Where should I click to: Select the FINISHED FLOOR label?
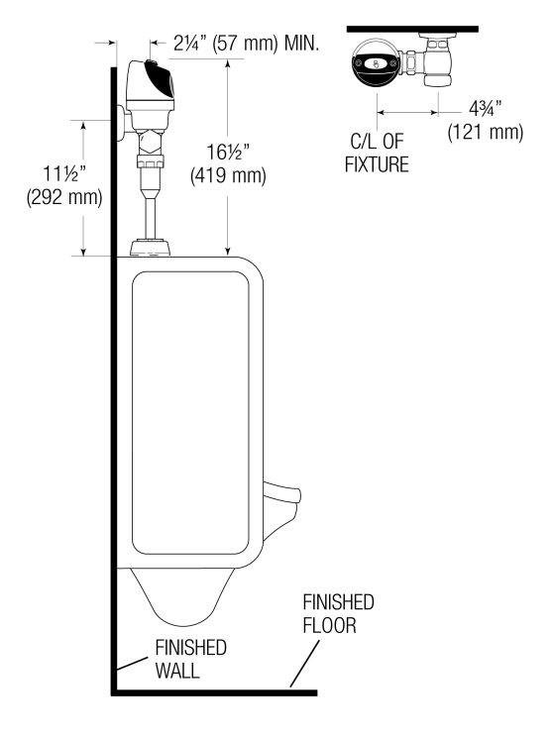[338, 614]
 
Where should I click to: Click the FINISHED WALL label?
[190, 659]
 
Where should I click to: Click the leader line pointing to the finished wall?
[134, 667]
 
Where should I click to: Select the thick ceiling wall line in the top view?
[412, 30]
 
